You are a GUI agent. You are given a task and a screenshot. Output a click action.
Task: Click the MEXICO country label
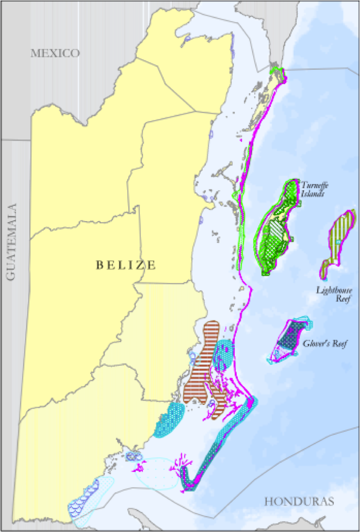55,53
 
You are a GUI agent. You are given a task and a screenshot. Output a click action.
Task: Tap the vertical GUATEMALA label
11,242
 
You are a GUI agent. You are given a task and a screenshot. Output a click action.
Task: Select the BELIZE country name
126,265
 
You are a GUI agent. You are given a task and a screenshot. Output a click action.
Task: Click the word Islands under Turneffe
313,194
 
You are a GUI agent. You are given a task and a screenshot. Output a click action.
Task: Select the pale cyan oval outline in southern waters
155,474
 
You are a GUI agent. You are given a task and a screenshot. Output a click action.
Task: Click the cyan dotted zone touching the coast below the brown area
170,419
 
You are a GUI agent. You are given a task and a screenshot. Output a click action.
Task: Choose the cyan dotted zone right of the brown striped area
223,354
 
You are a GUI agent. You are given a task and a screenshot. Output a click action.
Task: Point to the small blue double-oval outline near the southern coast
133,456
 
